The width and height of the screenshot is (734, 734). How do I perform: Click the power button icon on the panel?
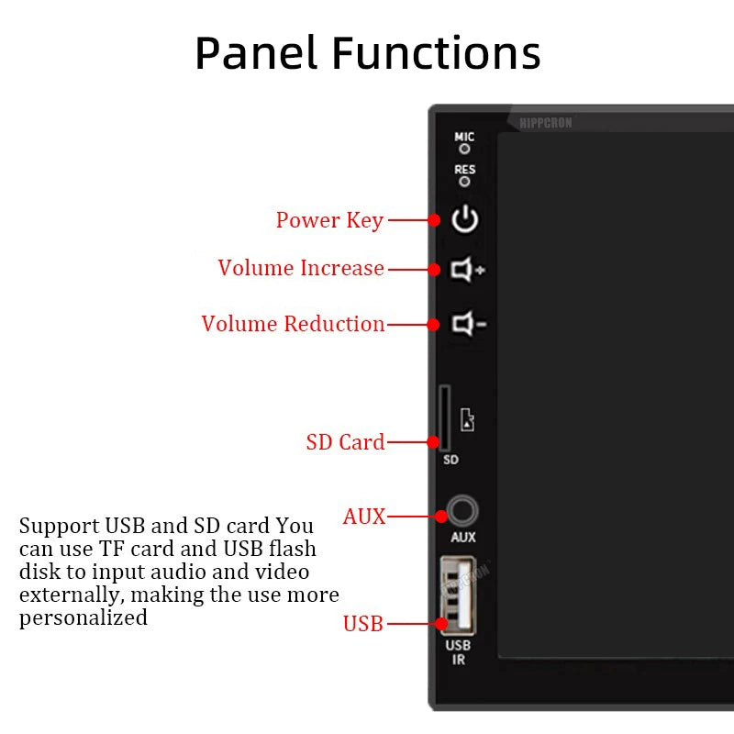pos(465,219)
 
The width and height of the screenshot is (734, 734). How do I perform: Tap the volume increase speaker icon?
pos(467,270)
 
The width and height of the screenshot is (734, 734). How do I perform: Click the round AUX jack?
pos(463,512)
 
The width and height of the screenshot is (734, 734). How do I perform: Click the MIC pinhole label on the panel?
pos(465,138)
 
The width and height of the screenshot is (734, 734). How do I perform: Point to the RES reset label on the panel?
pos(465,170)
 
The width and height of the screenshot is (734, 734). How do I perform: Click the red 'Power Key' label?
pos(329,220)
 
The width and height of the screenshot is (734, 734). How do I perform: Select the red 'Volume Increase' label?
pos(301,268)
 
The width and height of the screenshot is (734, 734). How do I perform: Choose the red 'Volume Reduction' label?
pos(293,324)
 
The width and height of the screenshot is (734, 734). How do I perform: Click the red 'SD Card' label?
pos(345,442)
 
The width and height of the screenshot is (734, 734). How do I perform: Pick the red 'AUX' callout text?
pos(364,517)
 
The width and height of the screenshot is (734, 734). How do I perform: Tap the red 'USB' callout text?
pos(362,624)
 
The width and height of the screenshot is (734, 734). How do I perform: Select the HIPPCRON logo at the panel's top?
pos(545,122)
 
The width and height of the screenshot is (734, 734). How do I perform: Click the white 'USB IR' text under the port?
pos(458,652)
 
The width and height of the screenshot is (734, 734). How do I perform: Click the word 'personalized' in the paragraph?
pos(83,617)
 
